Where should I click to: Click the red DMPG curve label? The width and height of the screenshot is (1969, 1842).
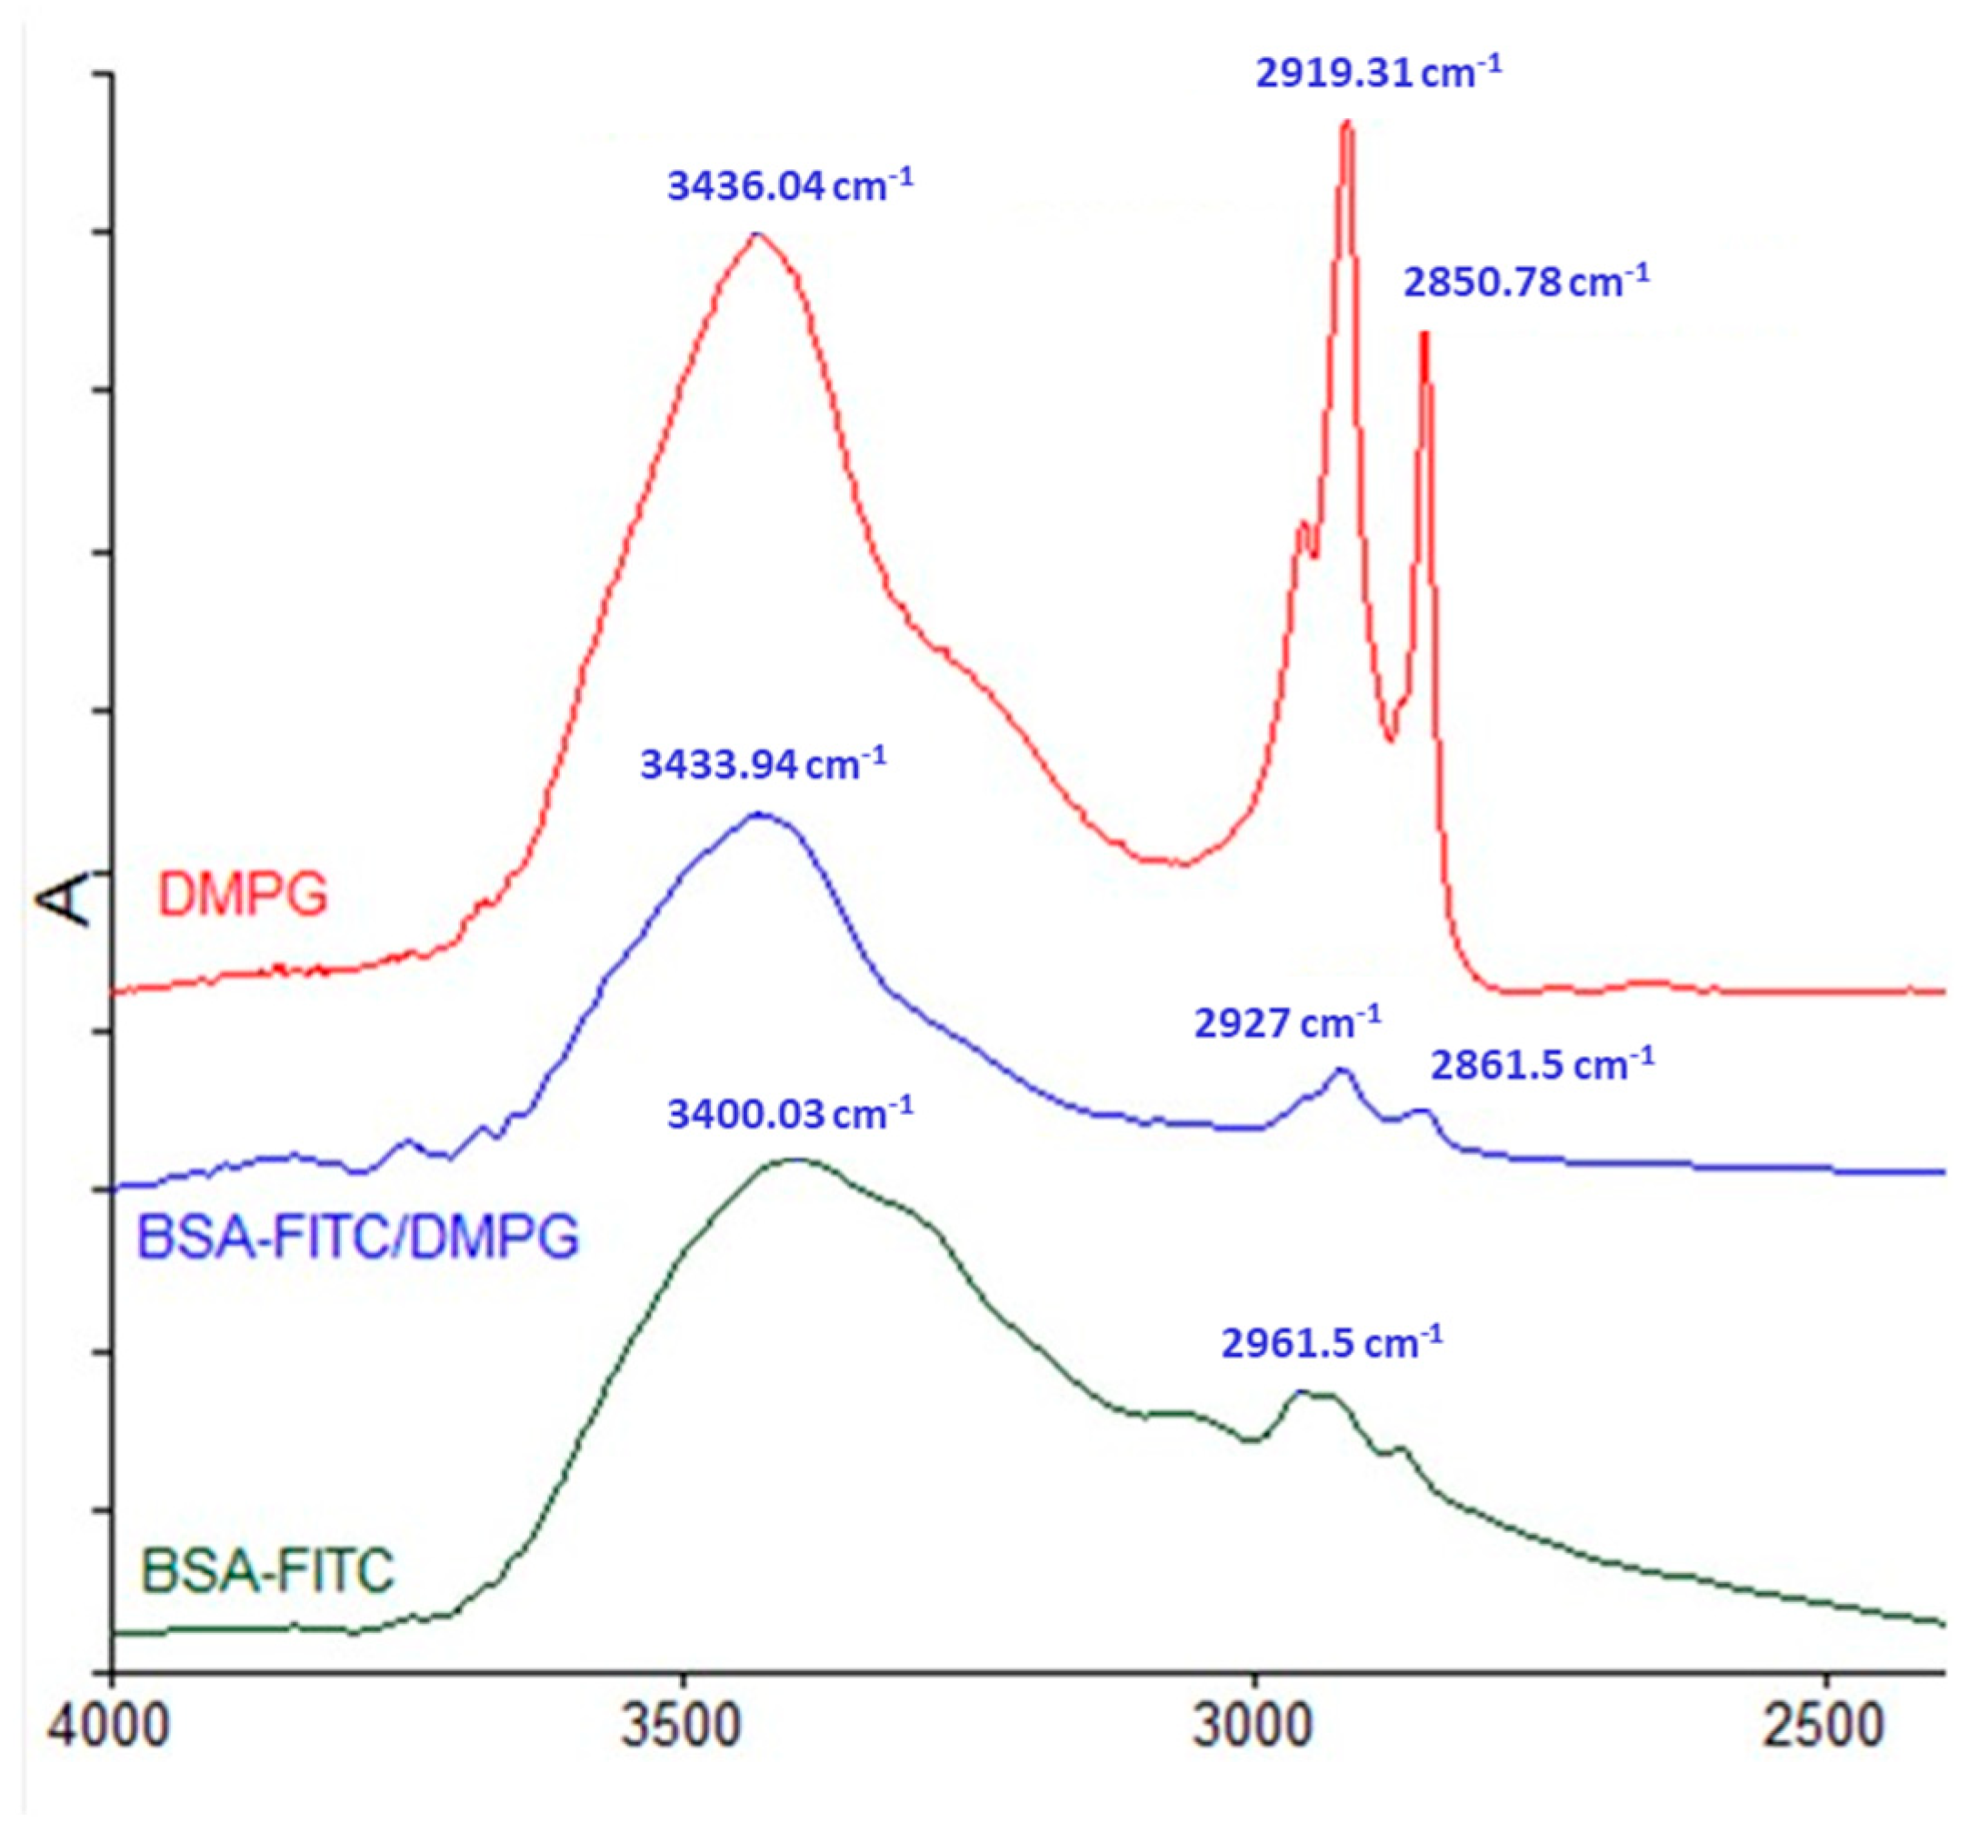tap(243, 894)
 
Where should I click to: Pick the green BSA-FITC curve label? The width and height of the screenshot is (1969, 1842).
tap(267, 1571)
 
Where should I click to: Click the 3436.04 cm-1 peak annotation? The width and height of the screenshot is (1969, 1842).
tap(789, 185)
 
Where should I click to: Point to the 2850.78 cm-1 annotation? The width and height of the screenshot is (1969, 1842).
tap(1525, 283)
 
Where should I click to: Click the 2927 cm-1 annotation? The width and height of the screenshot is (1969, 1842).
tap(1286, 1023)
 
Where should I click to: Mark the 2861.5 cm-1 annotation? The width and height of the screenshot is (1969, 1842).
tap(1541, 1066)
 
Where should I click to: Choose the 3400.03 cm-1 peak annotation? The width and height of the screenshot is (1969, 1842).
tap(789, 1114)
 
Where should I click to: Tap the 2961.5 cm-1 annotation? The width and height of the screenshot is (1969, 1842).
tap(1331, 1344)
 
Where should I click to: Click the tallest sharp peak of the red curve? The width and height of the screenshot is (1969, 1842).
tap(1346, 124)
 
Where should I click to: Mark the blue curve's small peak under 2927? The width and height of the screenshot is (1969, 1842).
tap(1342, 1070)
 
